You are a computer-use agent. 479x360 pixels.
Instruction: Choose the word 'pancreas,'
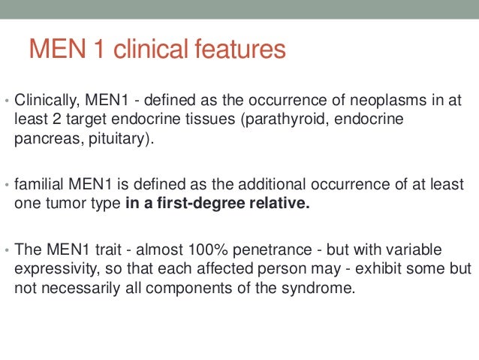47,140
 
